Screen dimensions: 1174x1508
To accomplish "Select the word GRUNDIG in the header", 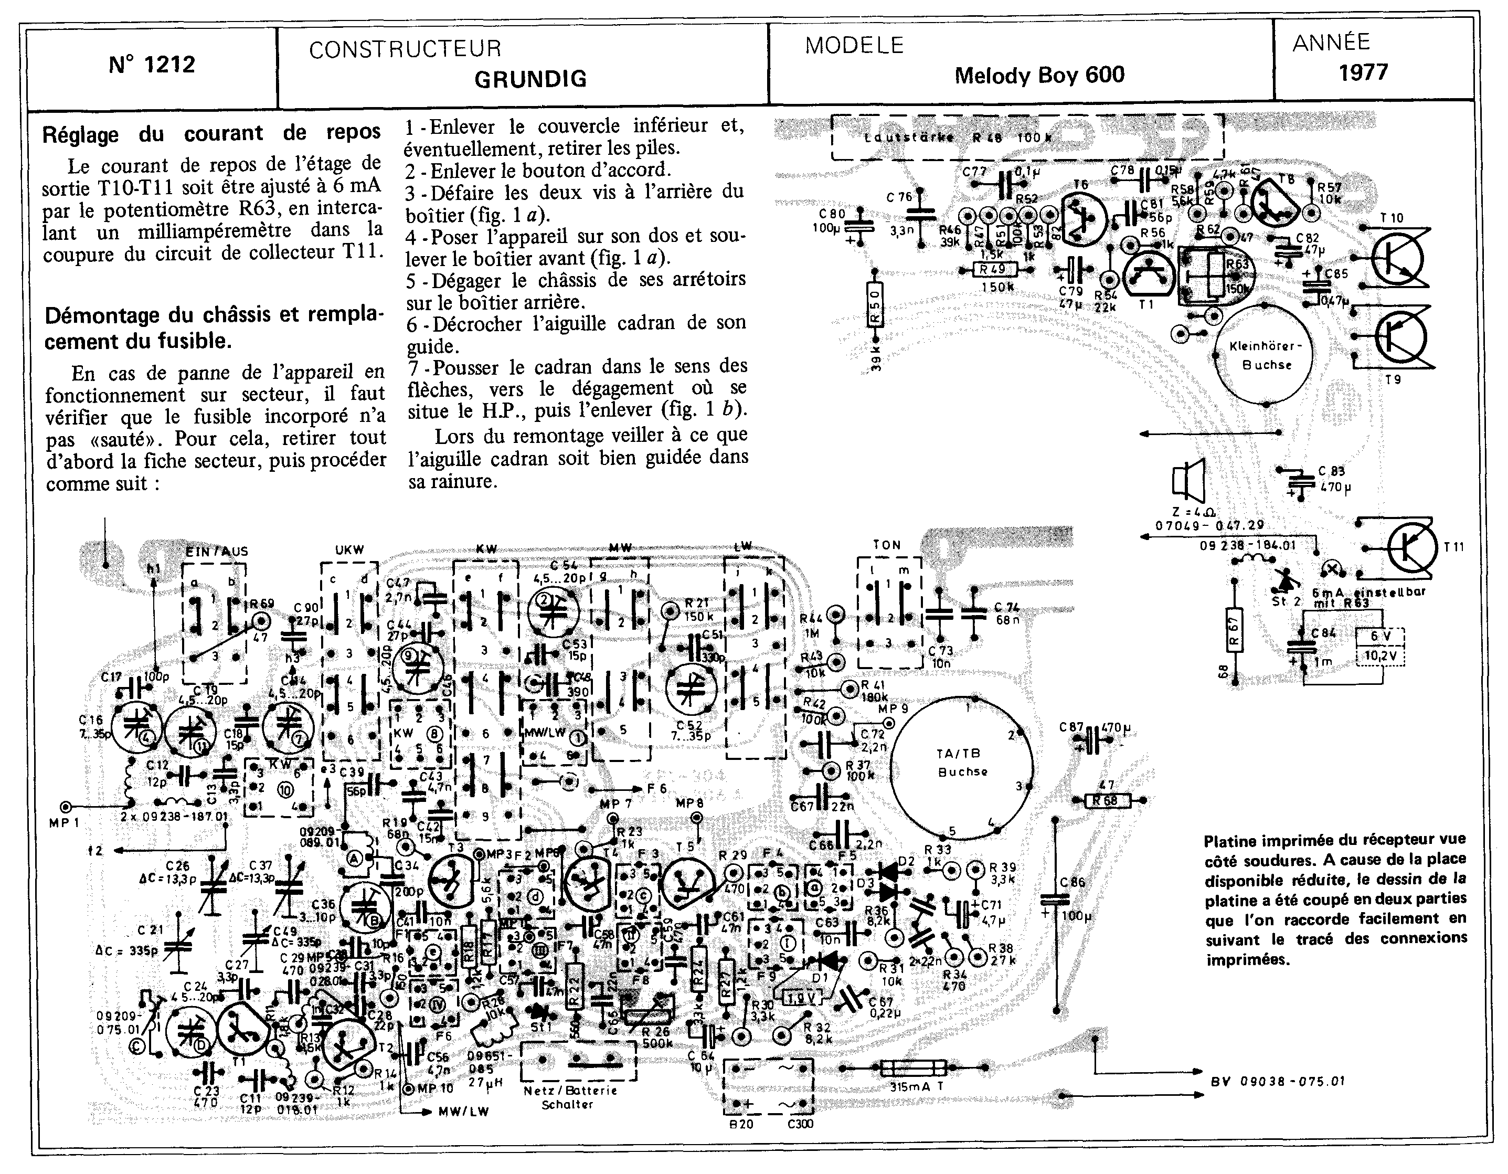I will (x=530, y=79).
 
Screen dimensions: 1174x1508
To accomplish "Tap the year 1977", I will (x=1364, y=72).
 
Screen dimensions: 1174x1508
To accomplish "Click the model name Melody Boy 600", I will (x=1039, y=75).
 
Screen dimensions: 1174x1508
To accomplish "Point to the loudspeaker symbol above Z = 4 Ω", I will (x=1187, y=481).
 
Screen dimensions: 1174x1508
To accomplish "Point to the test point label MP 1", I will (x=65, y=822).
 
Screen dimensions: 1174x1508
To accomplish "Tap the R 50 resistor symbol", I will (x=875, y=305).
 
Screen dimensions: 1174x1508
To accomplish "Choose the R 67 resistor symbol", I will (x=1235, y=630).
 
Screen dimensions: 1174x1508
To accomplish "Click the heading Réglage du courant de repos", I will (x=211, y=133).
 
